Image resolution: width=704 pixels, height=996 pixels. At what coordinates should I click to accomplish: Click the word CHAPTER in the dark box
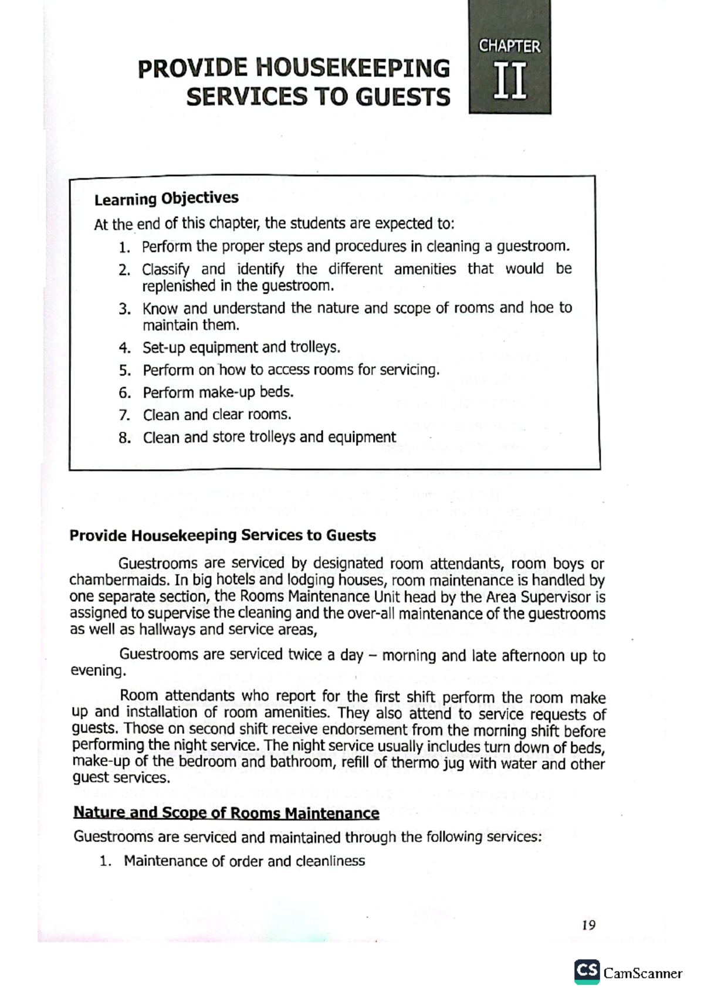(x=509, y=46)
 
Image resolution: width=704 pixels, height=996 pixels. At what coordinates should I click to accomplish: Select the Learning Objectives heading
(x=166, y=198)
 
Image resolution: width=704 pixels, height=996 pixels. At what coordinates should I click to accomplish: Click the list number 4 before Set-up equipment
(x=124, y=348)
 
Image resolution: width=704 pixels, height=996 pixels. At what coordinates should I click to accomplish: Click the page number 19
(x=588, y=925)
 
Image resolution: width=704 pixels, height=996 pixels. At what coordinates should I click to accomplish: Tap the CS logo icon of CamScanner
(x=587, y=971)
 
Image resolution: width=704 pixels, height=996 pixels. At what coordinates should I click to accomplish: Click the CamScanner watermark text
(x=643, y=973)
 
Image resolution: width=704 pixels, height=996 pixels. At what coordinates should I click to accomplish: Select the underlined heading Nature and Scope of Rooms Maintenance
(x=226, y=813)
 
